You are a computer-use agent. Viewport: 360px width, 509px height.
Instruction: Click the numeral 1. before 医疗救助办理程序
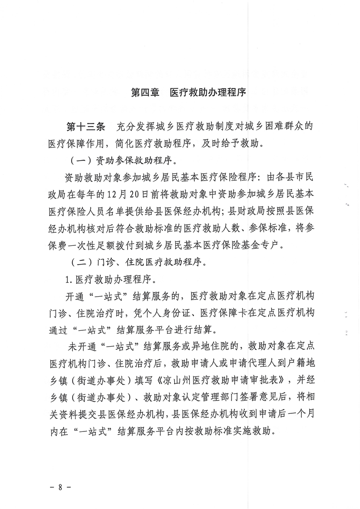69,279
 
